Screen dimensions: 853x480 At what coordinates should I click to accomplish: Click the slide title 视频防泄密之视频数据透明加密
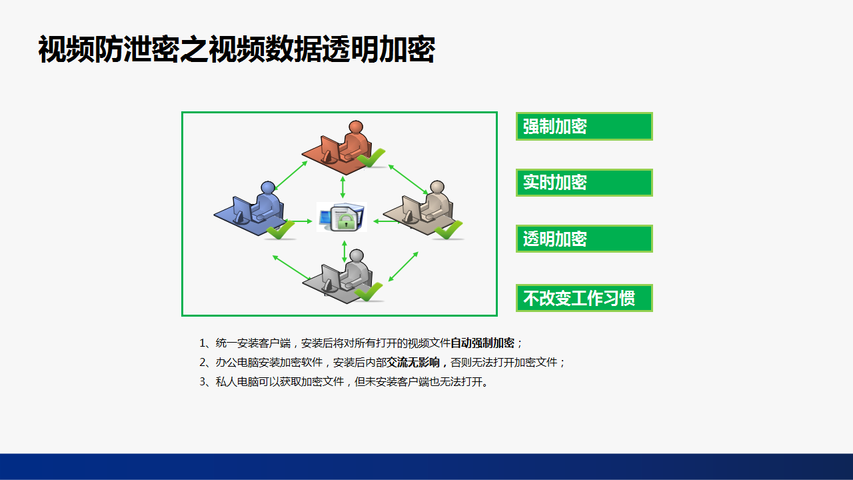click(237, 49)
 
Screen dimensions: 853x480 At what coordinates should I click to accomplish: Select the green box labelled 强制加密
click(584, 127)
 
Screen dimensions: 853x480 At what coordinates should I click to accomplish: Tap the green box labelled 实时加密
click(584, 183)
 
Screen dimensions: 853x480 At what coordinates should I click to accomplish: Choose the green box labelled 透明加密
click(584, 239)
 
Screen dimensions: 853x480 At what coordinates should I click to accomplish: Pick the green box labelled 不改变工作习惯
click(584, 298)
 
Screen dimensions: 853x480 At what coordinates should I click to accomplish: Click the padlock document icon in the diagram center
click(342, 217)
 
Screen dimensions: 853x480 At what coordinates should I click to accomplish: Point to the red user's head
click(356, 127)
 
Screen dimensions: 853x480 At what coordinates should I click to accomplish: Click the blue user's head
click(268, 187)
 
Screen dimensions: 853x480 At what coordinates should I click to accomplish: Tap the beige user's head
click(437, 187)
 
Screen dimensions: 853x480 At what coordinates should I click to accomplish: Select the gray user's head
click(357, 255)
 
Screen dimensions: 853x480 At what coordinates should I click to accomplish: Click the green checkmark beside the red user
click(371, 157)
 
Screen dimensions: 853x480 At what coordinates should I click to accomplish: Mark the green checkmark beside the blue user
click(281, 229)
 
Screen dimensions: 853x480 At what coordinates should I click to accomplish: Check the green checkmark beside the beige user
click(448, 229)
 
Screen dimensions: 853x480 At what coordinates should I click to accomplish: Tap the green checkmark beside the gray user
click(369, 291)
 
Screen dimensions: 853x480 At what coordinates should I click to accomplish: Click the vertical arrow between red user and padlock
click(343, 187)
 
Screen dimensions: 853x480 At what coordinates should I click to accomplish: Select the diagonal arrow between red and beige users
click(409, 179)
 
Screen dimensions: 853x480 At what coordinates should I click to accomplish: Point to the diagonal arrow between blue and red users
click(291, 175)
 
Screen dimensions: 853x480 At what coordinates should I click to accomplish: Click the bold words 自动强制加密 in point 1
click(482, 343)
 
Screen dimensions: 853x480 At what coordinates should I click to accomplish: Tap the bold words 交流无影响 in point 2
click(413, 362)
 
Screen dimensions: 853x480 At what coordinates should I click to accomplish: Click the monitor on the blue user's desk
click(242, 210)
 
